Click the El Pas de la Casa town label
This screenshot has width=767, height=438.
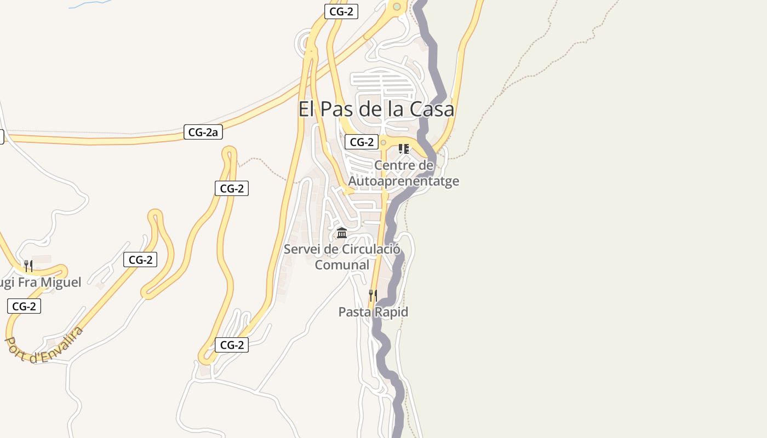coord(376,109)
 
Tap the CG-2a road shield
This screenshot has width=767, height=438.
coord(203,132)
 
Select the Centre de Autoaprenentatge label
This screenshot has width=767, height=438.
coord(404,173)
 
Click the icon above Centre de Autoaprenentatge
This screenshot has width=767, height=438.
coord(404,148)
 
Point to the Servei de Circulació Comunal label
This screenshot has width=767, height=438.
coord(342,257)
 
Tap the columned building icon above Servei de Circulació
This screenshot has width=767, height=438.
coord(342,233)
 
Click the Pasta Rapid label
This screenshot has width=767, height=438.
coord(373,312)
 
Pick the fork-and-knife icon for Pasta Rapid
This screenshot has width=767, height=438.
coord(373,296)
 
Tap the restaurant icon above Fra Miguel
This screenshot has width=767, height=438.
coord(28,266)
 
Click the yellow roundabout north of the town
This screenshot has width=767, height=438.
coord(397,7)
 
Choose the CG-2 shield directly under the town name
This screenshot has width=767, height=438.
coord(362,142)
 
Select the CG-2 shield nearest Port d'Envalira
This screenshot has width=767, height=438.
coord(24,306)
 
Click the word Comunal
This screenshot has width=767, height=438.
coord(342,265)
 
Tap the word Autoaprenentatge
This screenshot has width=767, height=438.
coord(404,181)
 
